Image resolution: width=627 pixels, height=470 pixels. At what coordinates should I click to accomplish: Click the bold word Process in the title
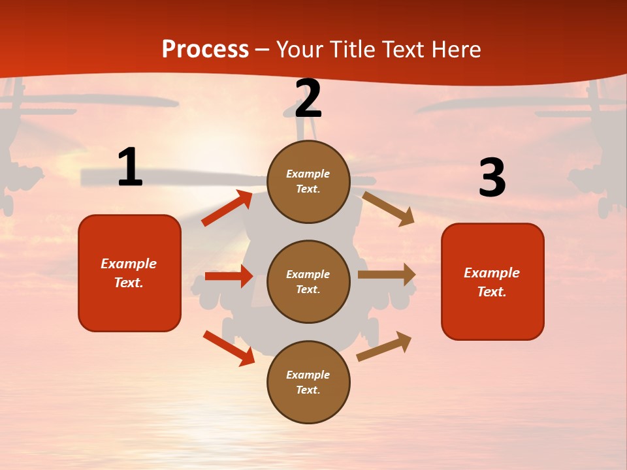pyautogui.click(x=205, y=50)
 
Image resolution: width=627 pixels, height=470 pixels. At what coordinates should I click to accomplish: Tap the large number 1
pyautogui.click(x=130, y=168)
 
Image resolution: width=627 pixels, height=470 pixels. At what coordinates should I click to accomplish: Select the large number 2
pyautogui.click(x=308, y=99)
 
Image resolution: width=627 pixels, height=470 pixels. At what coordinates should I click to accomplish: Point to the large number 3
pyautogui.click(x=492, y=178)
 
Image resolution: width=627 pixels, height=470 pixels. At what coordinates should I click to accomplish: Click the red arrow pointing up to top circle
pyautogui.click(x=227, y=208)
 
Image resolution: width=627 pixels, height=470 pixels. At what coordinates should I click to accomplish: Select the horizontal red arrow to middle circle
pyautogui.click(x=229, y=276)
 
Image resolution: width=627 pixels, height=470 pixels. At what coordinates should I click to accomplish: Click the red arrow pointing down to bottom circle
pyautogui.click(x=229, y=348)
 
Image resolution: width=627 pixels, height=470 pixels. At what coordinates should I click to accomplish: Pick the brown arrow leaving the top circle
pyautogui.click(x=388, y=208)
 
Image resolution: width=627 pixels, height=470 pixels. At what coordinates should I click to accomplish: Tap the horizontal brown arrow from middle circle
pyautogui.click(x=387, y=275)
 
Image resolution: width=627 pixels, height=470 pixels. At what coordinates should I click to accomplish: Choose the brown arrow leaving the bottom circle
pyautogui.click(x=384, y=346)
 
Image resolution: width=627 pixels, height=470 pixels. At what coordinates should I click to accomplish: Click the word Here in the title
pyautogui.click(x=457, y=50)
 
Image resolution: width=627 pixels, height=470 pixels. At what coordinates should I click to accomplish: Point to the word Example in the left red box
pyautogui.click(x=129, y=264)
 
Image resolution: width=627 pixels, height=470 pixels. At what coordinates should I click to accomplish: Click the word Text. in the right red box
pyautogui.click(x=492, y=292)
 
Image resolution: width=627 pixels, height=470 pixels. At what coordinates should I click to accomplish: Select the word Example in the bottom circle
pyautogui.click(x=308, y=375)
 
